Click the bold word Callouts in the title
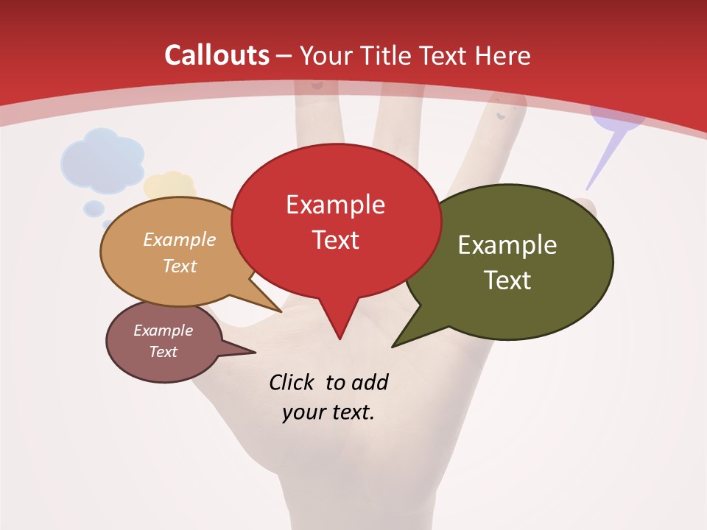(217, 55)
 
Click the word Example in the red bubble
(335, 205)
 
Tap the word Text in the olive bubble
(507, 280)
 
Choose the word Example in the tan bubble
(180, 240)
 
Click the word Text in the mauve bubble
(163, 352)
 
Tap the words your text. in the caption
(328, 412)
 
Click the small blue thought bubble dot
(94, 208)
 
